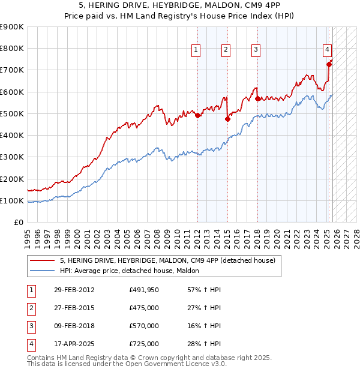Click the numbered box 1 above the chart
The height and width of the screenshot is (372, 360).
[x=197, y=50]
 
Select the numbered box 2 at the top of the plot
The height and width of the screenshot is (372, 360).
[x=226, y=50]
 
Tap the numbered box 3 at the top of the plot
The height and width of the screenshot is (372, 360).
[x=256, y=50]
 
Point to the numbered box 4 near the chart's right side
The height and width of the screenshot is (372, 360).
[x=328, y=50]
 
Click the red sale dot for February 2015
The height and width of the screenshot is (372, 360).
[x=227, y=119]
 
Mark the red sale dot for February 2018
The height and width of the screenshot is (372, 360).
[x=257, y=98]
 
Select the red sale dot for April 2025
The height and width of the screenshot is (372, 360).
[x=329, y=64]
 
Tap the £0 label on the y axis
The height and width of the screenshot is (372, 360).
[x=19, y=223]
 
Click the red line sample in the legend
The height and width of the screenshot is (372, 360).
[x=42, y=260]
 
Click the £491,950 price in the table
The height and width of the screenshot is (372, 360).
[x=144, y=290]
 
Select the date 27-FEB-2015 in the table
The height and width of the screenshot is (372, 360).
[x=74, y=308]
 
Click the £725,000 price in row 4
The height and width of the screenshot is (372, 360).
[x=144, y=344]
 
